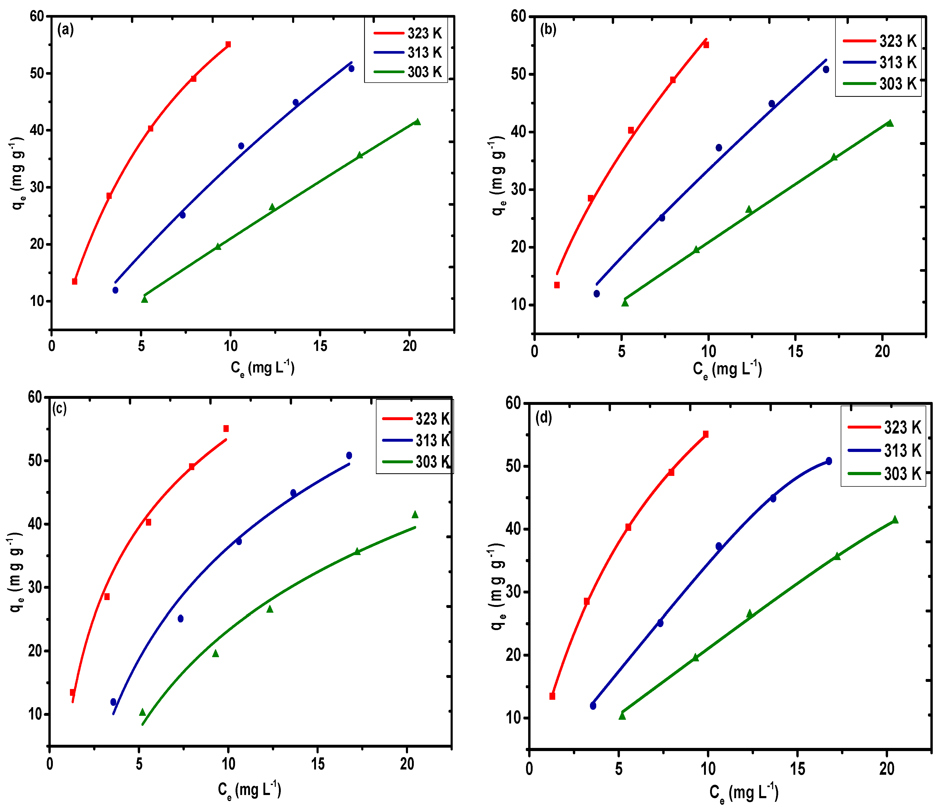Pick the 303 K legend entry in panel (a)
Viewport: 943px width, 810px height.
(x=407, y=72)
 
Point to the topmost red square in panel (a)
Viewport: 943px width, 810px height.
(x=228, y=44)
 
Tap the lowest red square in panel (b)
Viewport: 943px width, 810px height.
(x=557, y=285)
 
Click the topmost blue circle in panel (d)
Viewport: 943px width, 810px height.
(x=829, y=461)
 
